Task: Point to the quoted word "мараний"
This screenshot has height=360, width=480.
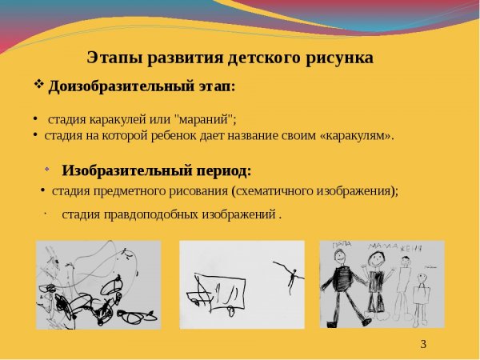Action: click(203, 120)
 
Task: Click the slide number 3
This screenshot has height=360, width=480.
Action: click(423, 345)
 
